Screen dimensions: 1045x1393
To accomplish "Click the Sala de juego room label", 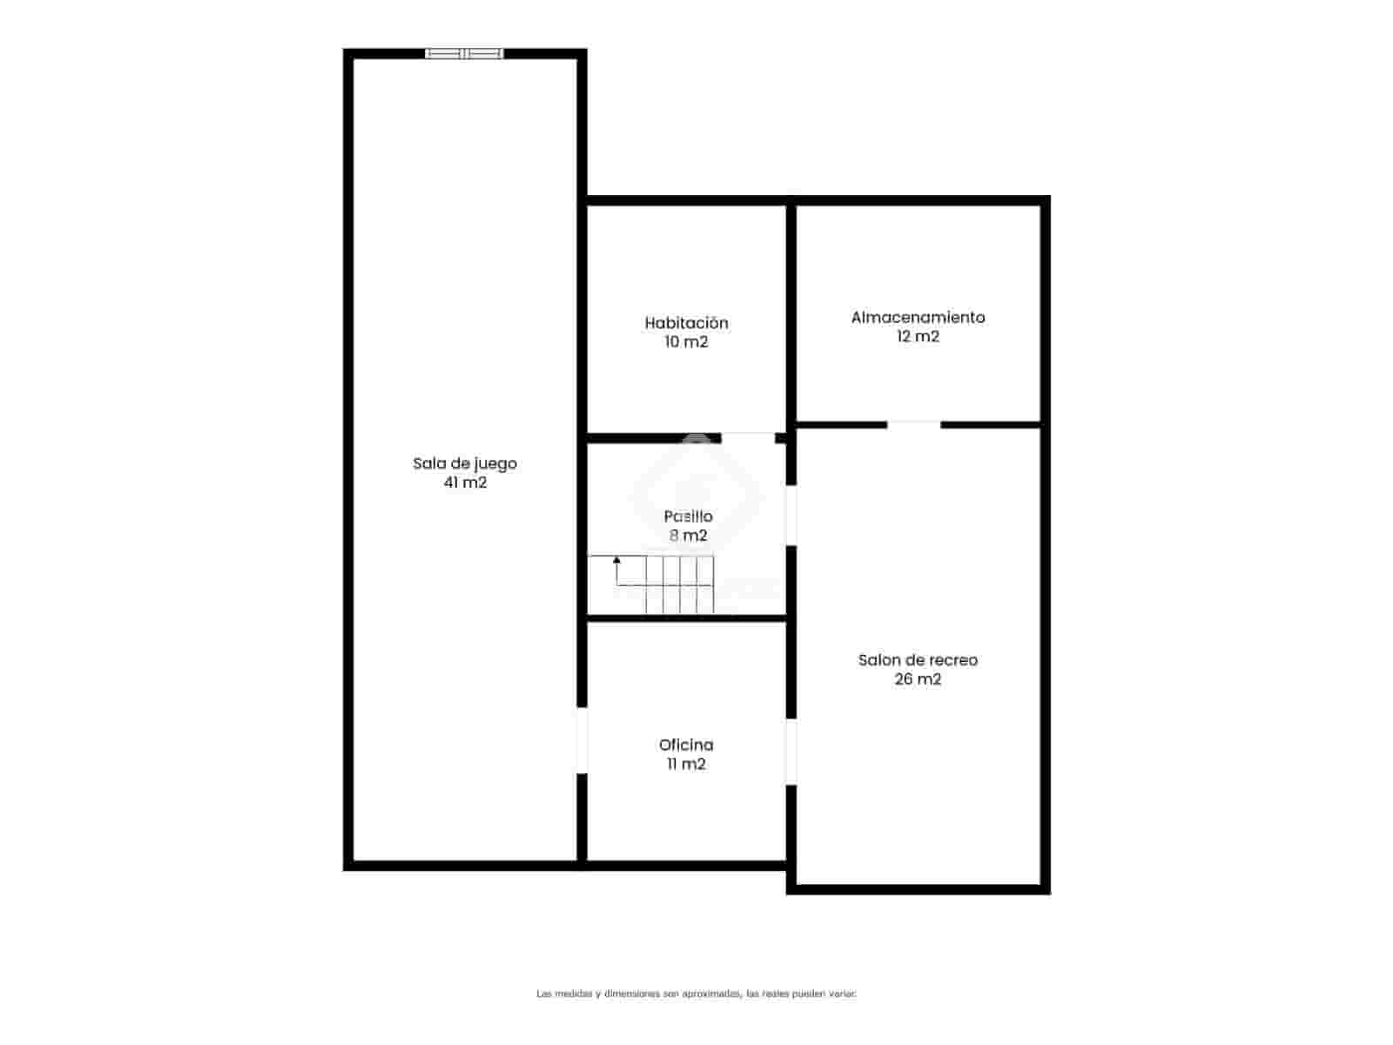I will pyautogui.click(x=465, y=463).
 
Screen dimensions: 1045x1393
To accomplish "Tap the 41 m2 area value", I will pyautogui.click(x=465, y=482).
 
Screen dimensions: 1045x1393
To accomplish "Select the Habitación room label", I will pyautogui.click(x=686, y=323).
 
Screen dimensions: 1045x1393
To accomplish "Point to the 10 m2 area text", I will pyautogui.click(x=686, y=342).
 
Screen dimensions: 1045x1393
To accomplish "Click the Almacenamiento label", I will pyautogui.click(x=918, y=317).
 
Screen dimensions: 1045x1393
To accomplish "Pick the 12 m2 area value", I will pyautogui.click(x=918, y=337).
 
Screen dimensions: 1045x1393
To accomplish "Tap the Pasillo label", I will pyautogui.click(x=688, y=516).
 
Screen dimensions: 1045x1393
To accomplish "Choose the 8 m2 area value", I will pyautogui.click(x=688, y=536).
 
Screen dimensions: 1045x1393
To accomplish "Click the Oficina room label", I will pyautogui.click(x=686, y=745).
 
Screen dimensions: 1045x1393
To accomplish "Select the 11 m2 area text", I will pyautogui.click(x=686, y=765).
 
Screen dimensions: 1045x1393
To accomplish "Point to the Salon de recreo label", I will pyautogui.click(x=918, y=660).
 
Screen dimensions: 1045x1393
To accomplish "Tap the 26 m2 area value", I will pyautogui.click(x=918, y=679).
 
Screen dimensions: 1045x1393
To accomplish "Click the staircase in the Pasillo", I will pyautogui.click(x=662, y=583).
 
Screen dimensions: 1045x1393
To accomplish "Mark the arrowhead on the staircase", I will pyautogui.click(x=617, y=560).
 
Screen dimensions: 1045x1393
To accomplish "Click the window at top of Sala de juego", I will pyautogui.click(x=464, y=54).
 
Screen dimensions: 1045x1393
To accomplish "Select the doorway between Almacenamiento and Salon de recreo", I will pyautogui.click(x=913, y=425).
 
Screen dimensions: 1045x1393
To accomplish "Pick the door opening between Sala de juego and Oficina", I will pyautogui.click(x=582, y=740).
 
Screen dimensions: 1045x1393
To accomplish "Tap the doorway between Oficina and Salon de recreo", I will pyautogui.click(x=791, y=752).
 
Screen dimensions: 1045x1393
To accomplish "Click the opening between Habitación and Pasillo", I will pyautogui.click(x=748, y=437).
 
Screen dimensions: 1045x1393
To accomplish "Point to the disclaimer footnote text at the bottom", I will pyautogui.click(x=696, y=993).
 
